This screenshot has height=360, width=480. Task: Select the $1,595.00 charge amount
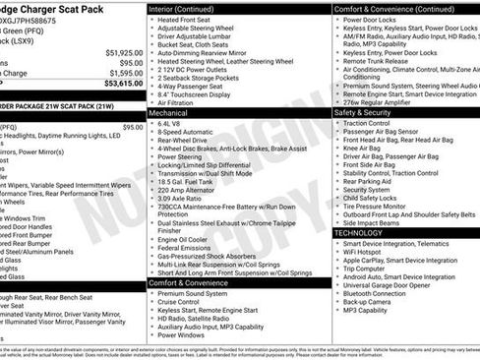(x=124, y=73)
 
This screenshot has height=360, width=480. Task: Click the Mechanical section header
(x=168, y=113)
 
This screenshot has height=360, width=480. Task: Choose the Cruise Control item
(x=181, y=301)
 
